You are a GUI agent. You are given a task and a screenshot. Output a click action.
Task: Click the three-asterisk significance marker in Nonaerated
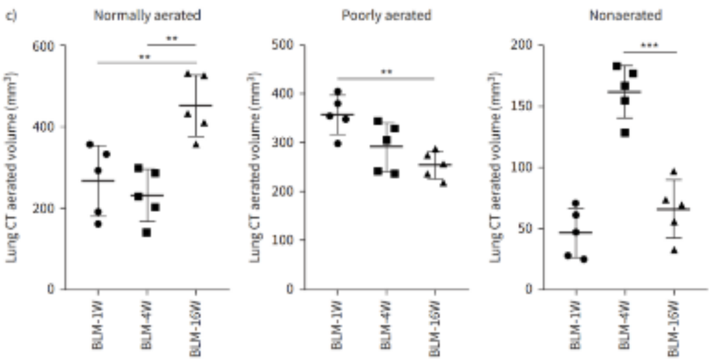(x=649, y=46)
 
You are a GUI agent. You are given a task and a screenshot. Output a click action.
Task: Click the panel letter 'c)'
(x=11, y=15)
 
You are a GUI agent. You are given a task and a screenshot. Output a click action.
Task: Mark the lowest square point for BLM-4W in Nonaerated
(x=625, y=133)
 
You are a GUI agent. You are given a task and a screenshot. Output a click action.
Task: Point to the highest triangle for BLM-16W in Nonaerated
(x=674, y=171)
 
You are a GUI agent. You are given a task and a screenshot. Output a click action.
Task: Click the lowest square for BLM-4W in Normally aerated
(x=146, y=233)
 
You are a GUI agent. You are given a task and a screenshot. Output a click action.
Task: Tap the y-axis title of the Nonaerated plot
(x=497, y=167)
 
